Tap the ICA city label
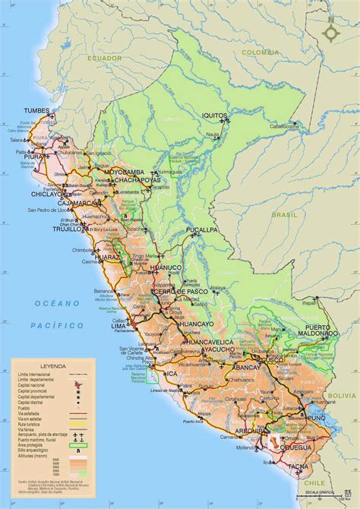[172, 374]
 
